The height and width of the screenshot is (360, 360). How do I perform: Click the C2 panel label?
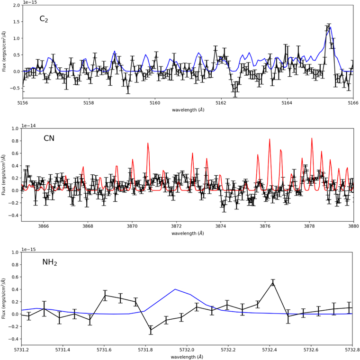[44, 19]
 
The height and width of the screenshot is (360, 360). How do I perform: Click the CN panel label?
[49, 138]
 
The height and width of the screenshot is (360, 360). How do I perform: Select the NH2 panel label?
[50, 262]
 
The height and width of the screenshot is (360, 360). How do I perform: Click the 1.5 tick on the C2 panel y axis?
[17, 22]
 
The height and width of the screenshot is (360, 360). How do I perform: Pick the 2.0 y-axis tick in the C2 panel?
[17, 5]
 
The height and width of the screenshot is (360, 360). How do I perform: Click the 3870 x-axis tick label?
[132, 226]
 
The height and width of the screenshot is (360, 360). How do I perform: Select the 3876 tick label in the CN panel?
[265, 226]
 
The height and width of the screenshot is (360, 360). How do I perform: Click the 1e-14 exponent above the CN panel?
[28, 126]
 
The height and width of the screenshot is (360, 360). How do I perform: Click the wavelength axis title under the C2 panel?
[188, 110]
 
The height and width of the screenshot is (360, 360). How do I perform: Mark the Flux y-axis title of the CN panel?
[3, 175]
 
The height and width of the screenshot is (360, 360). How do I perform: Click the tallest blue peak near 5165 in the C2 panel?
[330, 27]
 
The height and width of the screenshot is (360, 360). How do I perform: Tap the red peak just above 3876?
[270, 139]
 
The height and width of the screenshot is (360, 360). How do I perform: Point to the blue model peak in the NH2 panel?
[175, 289]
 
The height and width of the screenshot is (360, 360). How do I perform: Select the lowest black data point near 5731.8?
[151, 330]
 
